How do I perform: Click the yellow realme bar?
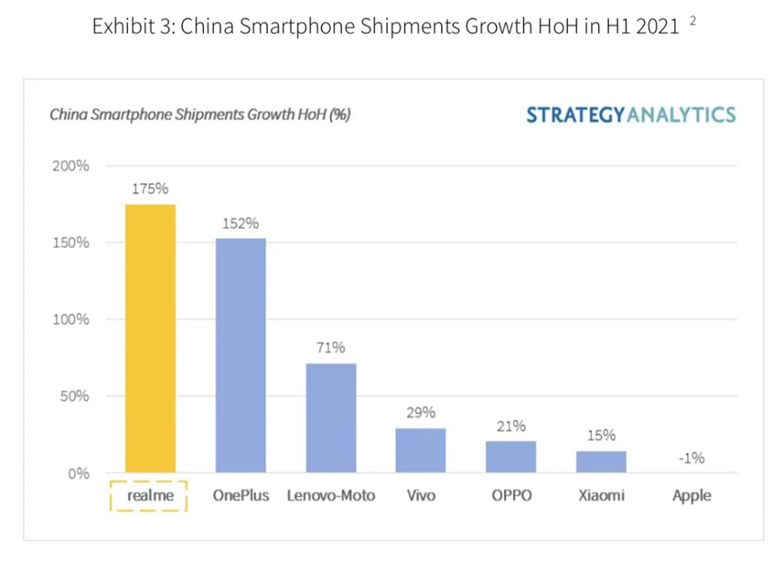click(x=150, y=338)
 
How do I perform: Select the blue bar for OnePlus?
click(x=241, y=355)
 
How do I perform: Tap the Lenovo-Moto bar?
click(x=330, y=417)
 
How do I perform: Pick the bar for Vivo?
click(x=421, y=450)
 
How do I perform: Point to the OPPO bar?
click(x=510, y=457)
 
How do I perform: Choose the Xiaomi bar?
click(x=601, y=461)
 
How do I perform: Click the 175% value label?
click(x=150, y=189)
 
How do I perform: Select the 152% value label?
click(x=241, y=223)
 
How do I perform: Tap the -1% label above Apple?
click(x=691, y=459)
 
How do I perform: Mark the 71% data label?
click(x=330, y=348)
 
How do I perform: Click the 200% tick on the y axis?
click(x=70, y=166)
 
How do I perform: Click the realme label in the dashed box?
click(x=148, y=496)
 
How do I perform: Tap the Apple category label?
click(x=691, y=496)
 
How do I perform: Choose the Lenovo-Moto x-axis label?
click(x=330, y=496)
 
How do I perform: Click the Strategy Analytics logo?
click(x=630, y=114)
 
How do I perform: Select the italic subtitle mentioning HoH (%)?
click(x=199, y=115)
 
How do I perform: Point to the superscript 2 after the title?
click(x=692, y=20)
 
